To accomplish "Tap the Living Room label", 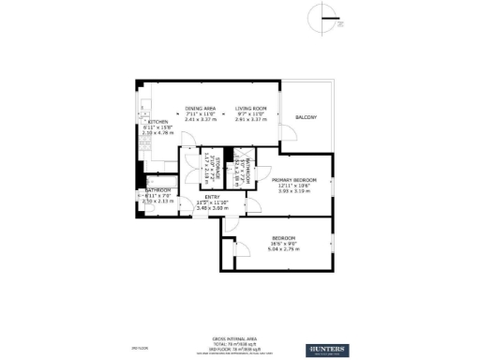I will (x=250, y=108).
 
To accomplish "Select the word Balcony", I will (x=307, y=117).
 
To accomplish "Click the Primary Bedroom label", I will (x=294, y=179).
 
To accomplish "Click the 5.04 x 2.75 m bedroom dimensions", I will (x=285, y=249).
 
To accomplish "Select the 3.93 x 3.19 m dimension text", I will (x=294, y=191).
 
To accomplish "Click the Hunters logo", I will (x=326, y=350).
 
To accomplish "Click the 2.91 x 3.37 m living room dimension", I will (x=251, y=120).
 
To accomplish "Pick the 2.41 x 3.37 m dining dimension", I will (x=200, y=120).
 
